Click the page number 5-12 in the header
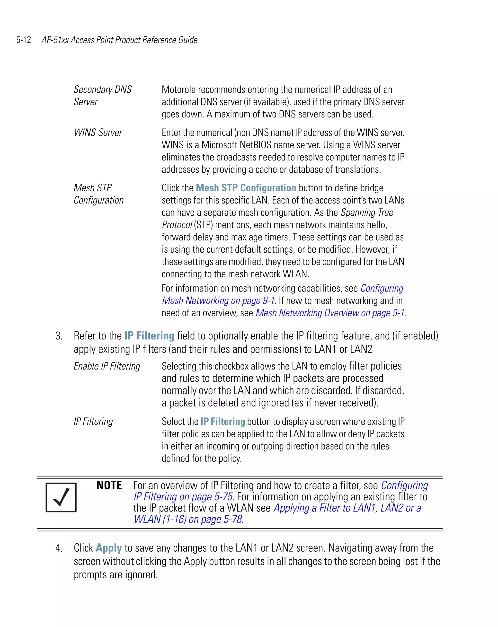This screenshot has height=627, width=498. point(24,40)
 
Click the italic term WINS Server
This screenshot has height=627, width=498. point(98,132)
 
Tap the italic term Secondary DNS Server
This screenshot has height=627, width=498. point(102,95)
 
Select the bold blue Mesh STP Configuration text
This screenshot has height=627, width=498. point(246,188)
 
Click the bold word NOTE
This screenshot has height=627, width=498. point(109,485)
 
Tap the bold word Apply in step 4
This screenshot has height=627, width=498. point(108,548)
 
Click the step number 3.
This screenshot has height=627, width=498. point(59,336)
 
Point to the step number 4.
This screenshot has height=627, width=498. point(59,548)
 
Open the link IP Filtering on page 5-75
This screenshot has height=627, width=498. point(183,497)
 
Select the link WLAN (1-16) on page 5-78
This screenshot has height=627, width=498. point(188,519)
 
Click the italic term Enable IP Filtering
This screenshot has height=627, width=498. point(107,366)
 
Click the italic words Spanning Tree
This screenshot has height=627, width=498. point(367,212)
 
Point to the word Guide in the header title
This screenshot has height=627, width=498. point(188,40)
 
